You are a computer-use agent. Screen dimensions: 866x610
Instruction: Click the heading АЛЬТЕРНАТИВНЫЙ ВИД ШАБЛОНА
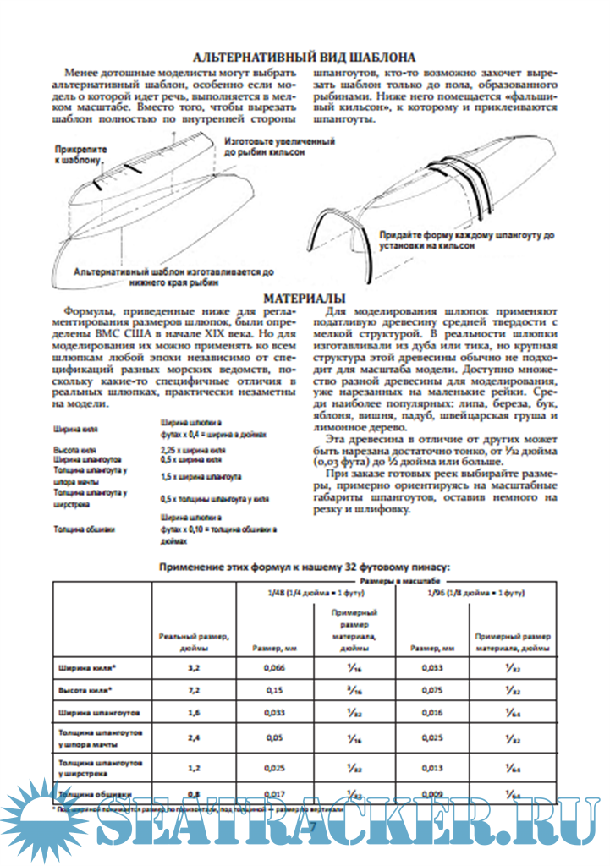(305, 58)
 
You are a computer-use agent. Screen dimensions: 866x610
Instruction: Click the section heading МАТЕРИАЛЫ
(304, 299)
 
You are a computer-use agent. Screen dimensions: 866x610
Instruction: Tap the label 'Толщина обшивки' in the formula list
(84, 529)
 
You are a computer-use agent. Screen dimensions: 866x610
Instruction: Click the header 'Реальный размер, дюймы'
(194, 641)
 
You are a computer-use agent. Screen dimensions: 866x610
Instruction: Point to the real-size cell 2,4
(194, 737)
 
